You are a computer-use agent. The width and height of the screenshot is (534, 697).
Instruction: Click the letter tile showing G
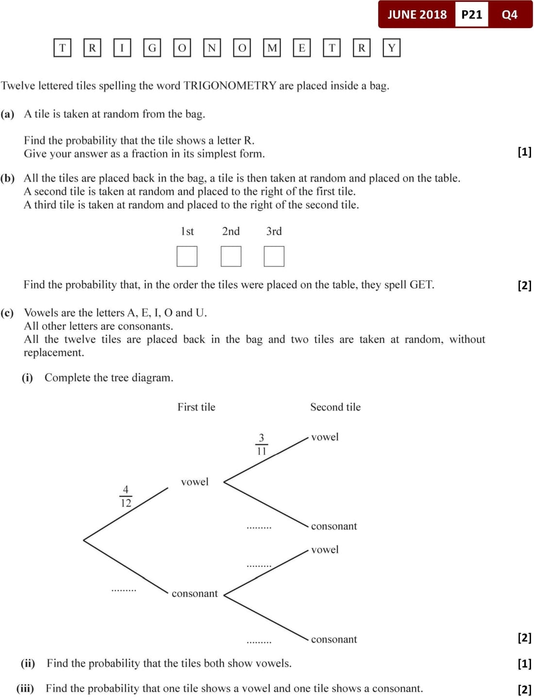coord(152,48)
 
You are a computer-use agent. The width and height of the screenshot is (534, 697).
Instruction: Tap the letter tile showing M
coord(272,48)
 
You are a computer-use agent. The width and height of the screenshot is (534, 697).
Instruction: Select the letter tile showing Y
coord(392,48)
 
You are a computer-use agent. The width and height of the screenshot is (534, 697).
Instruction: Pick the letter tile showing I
coord(122,48)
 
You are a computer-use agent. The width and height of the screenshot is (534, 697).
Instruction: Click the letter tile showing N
coord(212,48)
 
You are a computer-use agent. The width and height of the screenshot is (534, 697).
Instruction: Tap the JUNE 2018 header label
coord(417,15)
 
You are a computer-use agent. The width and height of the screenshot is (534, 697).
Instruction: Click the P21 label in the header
coord(471,15)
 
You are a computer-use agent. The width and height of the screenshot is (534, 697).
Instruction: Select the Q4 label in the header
coord(509,15)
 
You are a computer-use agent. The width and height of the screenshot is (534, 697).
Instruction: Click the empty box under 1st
coord(187,256)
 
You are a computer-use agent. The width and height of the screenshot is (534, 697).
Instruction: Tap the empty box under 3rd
coord(274,256)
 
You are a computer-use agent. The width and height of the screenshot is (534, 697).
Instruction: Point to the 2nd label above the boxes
coord(231,231)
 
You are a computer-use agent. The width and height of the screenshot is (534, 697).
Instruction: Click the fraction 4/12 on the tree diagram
coord(126,496)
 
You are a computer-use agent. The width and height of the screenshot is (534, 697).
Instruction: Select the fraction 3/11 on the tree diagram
coord(261,444)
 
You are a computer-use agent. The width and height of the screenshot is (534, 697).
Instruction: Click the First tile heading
coord(196,407)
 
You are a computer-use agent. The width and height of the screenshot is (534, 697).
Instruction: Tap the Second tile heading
coord(335,407)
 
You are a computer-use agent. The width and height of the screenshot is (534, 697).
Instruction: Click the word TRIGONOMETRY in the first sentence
coord(230,86)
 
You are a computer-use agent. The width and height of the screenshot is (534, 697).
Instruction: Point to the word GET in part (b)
coord(421,285)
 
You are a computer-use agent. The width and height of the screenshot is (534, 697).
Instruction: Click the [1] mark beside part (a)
coord(524,152)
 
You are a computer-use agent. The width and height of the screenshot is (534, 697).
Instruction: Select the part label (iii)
coord(25,688)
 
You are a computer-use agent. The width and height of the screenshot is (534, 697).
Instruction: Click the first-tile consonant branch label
coord(195,593)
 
